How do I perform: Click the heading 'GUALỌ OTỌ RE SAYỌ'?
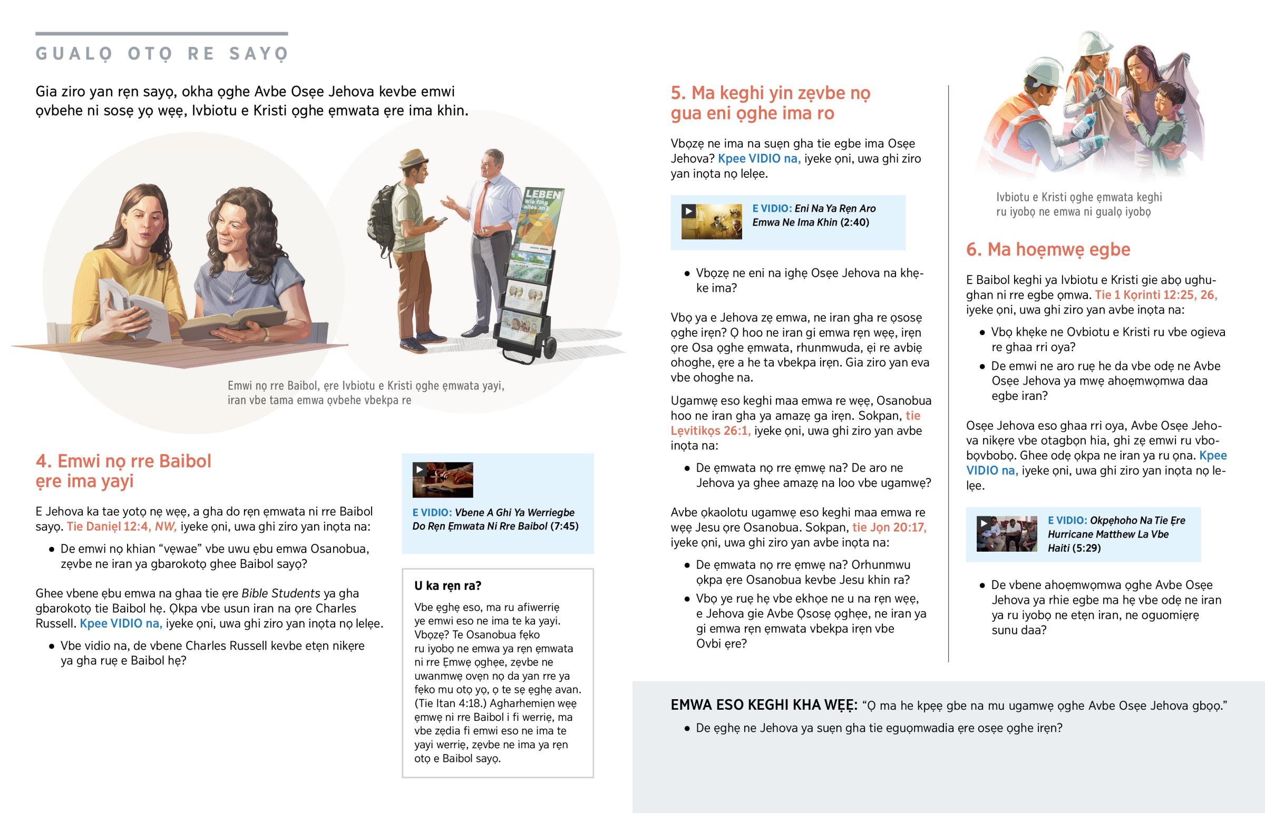click(162, 54)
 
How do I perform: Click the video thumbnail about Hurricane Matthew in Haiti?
click(1006, 534)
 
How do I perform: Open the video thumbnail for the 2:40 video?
click(711, 222)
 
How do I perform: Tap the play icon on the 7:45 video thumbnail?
click(419, 469)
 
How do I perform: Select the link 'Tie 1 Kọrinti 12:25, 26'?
click(1156, 295)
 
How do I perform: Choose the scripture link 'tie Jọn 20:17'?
click(890, 527)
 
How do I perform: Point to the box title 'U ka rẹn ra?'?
click(447, 585)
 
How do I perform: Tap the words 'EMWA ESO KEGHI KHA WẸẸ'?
click(764, 705)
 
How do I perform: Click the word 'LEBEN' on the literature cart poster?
click(543, 194)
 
